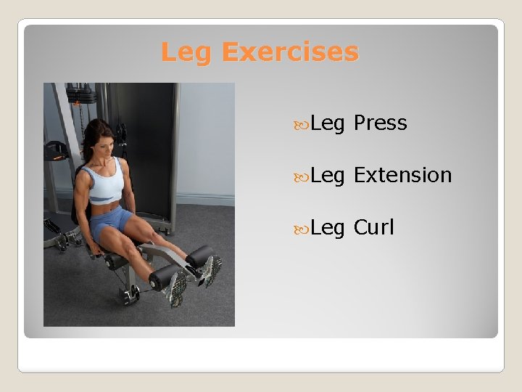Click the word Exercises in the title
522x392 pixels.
click(289, 52)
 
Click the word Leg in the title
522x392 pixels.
click(188, 52)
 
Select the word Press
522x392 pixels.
click(380, 123)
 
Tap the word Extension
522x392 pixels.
click(402, 175)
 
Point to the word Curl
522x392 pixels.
click(373, 227)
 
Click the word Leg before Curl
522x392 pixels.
click(328, 228)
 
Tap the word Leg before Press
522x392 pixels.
click(328, 124)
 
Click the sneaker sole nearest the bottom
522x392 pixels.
click(176, 291)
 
